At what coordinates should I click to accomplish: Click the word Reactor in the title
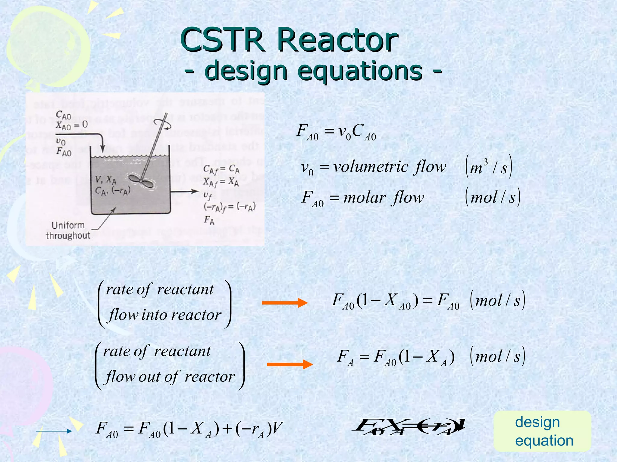pos(337,40)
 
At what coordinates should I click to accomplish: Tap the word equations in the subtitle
pos(360,71)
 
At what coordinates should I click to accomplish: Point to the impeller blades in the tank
pos(141,180)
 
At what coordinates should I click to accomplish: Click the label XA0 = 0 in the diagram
pos(72,125)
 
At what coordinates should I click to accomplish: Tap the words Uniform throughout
pos(68,230)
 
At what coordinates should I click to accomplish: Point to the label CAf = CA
pos(221,170)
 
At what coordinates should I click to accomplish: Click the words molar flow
pos(384,198)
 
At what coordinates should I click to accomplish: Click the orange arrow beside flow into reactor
pos(284,303)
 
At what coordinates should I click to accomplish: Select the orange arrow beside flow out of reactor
pos(290,364)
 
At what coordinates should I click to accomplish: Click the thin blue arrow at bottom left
pos(54,431)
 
